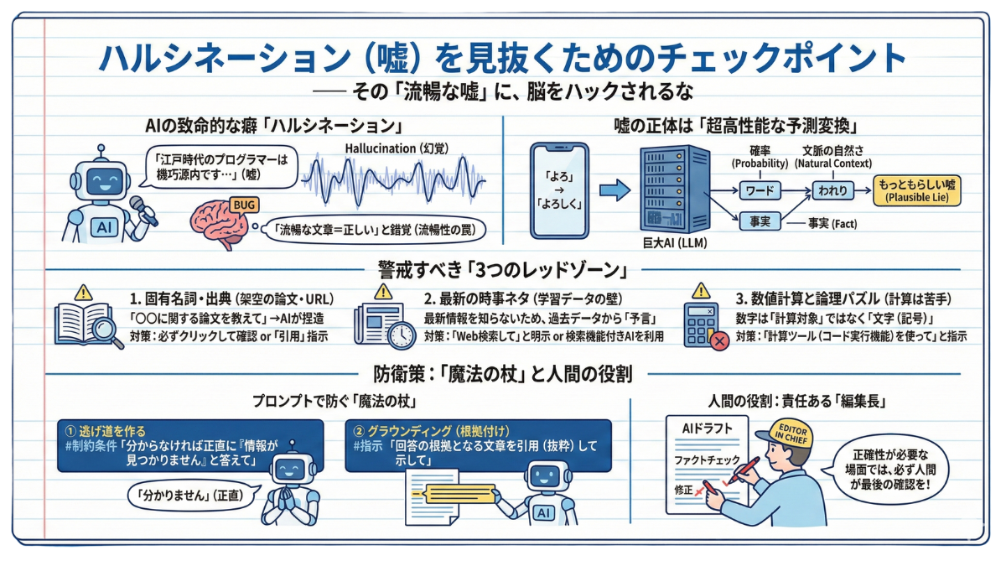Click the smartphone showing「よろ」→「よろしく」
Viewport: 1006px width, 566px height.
[559, 190]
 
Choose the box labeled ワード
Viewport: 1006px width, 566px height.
[760, 191]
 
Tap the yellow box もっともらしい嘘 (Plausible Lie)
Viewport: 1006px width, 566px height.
[916, 191]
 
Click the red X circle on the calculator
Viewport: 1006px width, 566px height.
[718, 341]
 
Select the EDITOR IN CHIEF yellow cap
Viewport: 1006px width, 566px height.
[780, 431]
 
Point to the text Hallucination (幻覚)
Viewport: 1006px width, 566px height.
[396, 148]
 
